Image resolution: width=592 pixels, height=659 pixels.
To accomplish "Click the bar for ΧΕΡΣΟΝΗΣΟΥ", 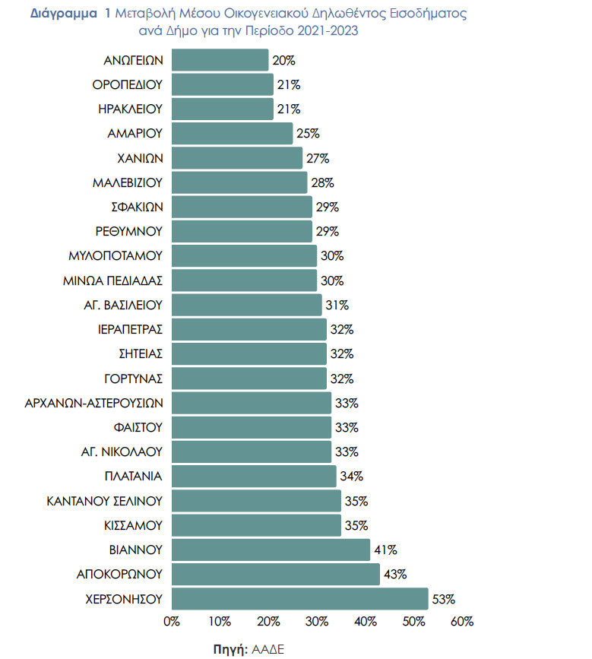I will pyautogui.click(x=300, y=598).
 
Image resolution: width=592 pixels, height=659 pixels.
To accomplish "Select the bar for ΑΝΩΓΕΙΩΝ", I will pyautogui.click(x=220, y=60).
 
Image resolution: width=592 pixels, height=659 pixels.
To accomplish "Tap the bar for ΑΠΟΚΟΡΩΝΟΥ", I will pyautogui.click(x=276, y=574).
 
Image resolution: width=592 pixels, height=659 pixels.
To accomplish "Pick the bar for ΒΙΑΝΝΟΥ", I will pyautogui.click(x=271, y=550).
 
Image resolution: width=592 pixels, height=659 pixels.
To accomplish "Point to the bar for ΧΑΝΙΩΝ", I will pyautogui.click(x=237, y=158).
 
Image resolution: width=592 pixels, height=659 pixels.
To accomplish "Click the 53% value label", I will pyautogui.click(x=443, y=599).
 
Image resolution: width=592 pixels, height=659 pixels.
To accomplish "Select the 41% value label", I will pyautogui.click(x=385, y=550).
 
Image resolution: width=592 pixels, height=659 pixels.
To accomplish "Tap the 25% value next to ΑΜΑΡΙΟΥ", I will pyautogui.click(x=308, y=134).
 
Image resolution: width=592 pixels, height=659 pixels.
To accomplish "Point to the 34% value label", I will pyautogui.click(x=351, y=477).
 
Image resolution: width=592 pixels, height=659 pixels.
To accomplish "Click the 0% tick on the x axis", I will pyautogui.click(x=172, y=622).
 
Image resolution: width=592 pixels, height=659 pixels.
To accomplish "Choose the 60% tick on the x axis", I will pyautogui.click(x=461, y=622).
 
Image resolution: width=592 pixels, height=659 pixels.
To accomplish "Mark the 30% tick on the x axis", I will pyautogui.click(x=316, y=622).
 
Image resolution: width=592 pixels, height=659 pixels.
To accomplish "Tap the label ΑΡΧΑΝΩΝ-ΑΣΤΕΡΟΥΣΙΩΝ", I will pyautogui.click(x=94, y=403).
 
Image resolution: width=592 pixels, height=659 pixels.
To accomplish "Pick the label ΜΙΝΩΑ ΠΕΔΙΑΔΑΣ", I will pyautogui.click(x=113, y=280).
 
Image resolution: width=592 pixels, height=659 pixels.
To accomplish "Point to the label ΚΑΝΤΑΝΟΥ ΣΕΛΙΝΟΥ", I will pyautogui.click(x=105, y=501).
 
